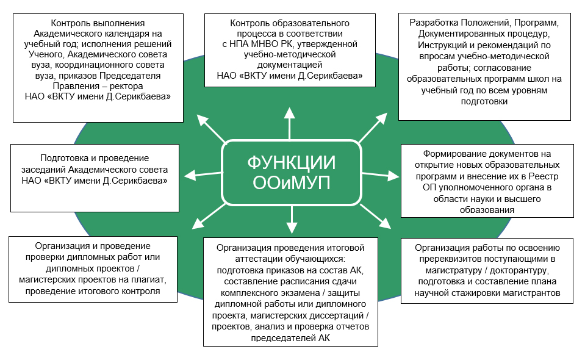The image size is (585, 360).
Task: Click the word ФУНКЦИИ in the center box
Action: pos(292,163)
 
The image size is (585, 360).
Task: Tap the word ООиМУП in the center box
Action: pos(292,183)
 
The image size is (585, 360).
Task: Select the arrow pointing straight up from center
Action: pos(290,123)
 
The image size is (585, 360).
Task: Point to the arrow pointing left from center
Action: pos(203,175)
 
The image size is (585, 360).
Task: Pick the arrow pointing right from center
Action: pos(381,175)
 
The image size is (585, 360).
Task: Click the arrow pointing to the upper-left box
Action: pos(211,129)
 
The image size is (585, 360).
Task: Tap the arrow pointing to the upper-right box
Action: pos(373,128)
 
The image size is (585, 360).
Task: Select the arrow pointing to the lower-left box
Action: pos(209,217)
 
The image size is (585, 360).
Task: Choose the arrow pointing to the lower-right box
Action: pos(376,217)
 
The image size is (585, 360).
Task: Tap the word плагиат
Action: pos(149,280)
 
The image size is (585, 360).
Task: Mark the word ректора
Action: pos(126,86)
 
